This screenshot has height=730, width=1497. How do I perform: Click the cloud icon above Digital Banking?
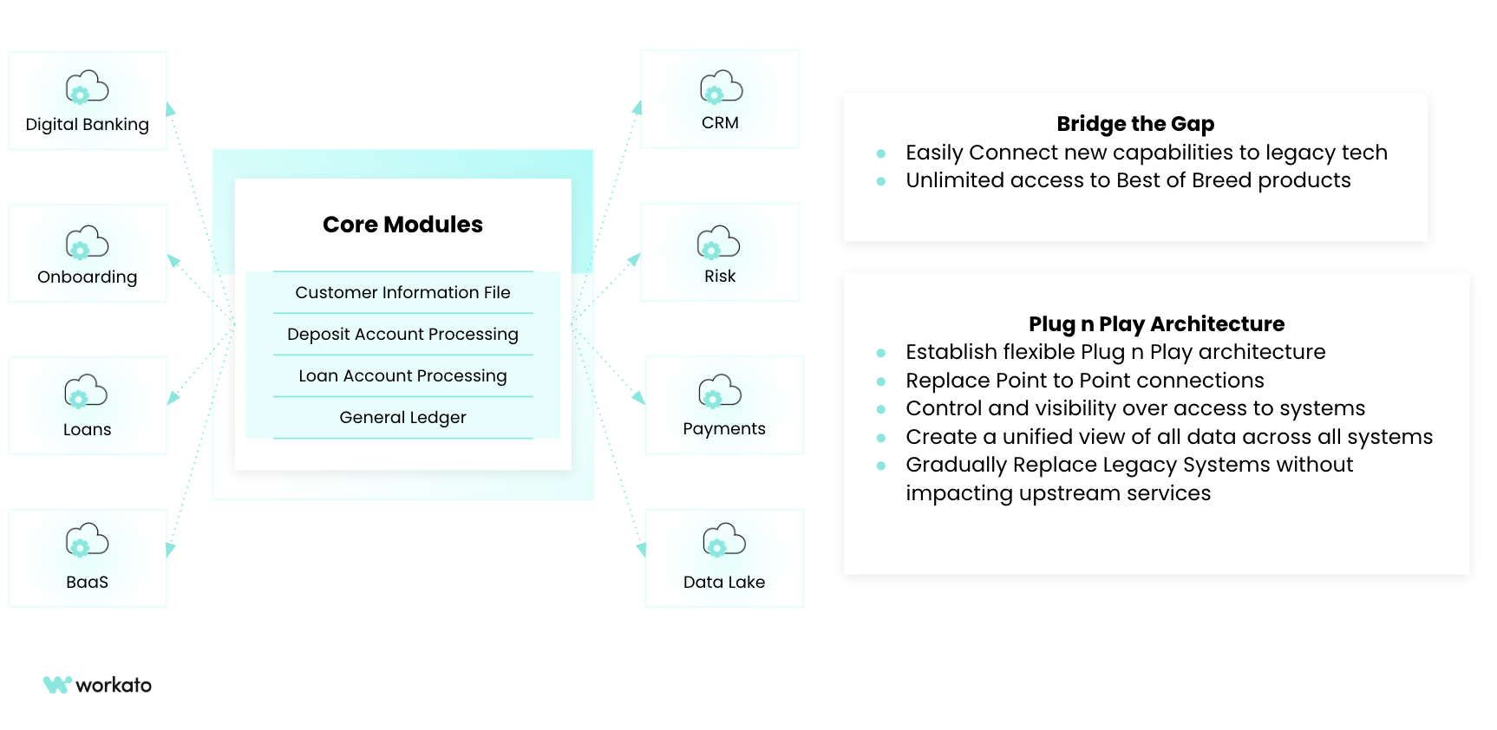pos(87,88)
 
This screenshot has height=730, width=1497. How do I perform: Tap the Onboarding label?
pos(87,277)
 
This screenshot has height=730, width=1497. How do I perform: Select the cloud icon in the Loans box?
pos(86,392)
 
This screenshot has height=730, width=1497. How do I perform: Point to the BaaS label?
pos(87,582)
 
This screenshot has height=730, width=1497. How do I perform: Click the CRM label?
pos(720,123)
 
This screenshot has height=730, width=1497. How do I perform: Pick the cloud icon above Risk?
pos(719,243)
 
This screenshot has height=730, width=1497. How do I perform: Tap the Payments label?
pos(724,428)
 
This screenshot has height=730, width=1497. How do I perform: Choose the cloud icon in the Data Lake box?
pos(724,540)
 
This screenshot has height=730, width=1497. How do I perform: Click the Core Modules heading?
pos(402,225)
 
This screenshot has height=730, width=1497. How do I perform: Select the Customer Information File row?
pos(402,292)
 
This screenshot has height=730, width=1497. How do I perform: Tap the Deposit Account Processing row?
pos(402,334)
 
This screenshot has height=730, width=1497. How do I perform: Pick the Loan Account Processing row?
pos(402,375)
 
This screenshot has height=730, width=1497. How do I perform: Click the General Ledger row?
pos(402,417)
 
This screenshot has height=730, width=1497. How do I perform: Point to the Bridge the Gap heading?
pos(1135,124)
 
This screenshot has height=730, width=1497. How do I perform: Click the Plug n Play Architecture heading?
pos(1156,324)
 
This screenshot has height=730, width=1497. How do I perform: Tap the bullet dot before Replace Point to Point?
pos(881,381)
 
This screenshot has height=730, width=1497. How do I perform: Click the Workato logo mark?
pos(57,685)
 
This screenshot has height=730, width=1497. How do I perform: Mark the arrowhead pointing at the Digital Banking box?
pos(170,109)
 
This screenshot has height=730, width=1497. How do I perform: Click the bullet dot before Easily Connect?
pos(881,153)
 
